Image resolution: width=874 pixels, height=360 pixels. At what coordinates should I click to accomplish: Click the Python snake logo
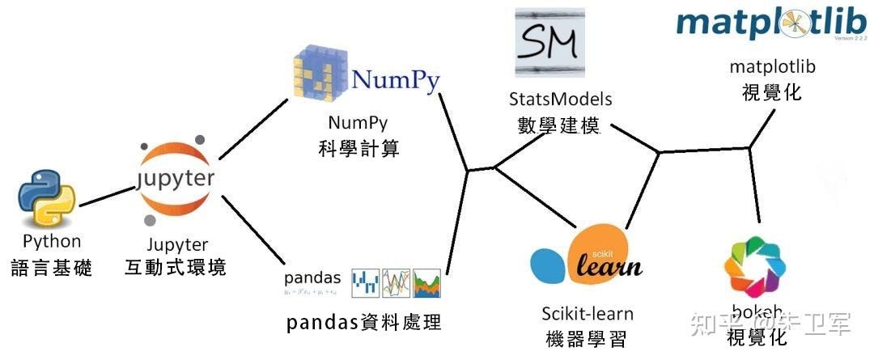46,197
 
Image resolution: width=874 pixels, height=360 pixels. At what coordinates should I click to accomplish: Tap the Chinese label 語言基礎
52,268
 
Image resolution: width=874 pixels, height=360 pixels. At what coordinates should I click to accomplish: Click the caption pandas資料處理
363,322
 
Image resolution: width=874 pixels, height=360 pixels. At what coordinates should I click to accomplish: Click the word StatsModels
561,99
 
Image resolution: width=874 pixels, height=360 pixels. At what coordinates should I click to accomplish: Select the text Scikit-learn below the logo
588,314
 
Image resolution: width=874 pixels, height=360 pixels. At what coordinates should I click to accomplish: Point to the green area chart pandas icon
426,282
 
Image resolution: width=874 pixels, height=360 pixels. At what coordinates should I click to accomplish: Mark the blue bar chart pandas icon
365,282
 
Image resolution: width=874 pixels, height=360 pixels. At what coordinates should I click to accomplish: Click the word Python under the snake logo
52,241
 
